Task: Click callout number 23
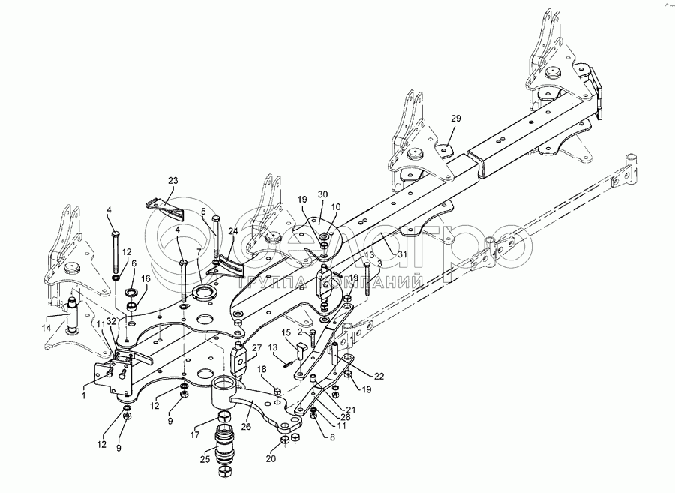pyautogui.click(x=173, y=180)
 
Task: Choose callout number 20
pyautogui.click(x=271, y=459)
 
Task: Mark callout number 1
pyautogui.click(x=83, y=393)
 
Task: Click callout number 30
pyautogui.click(x=322, y=194)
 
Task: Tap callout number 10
pyautogui.click(x=336, y=206)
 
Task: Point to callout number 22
pyautogui.click(x=379, y=375)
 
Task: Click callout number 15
pyautogui.click(x=286, y=332)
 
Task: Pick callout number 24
pyautogui.click(x=234, y=231)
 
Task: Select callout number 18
pyautogui.click(x=262, y=369)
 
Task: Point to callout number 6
pyautogui.click(x=133, y=264)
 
